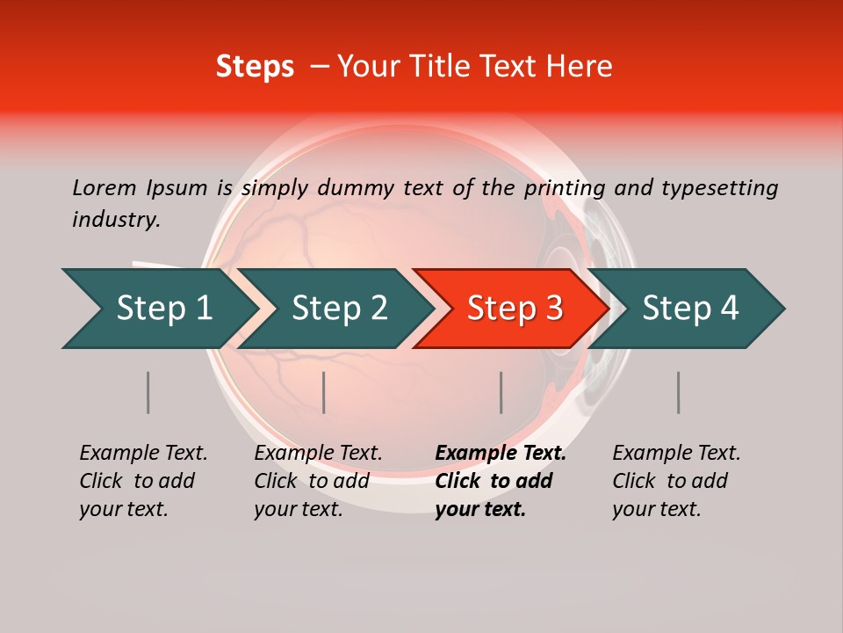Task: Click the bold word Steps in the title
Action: [x=255, y=67]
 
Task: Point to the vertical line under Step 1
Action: [x=148, y=392]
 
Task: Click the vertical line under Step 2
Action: [x=324, y=392]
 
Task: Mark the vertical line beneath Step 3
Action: [x=501, y=392]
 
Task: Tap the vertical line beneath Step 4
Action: [x=678, y=392]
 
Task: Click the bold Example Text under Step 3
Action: [x=500, y=480]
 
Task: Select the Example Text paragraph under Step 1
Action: [x=143, y=480]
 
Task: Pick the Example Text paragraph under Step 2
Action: [x=318, y=480]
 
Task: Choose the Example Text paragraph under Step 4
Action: [x=676, y=480]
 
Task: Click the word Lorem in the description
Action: [x=104, y=187]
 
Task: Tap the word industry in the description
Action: [x=116, y=220]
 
